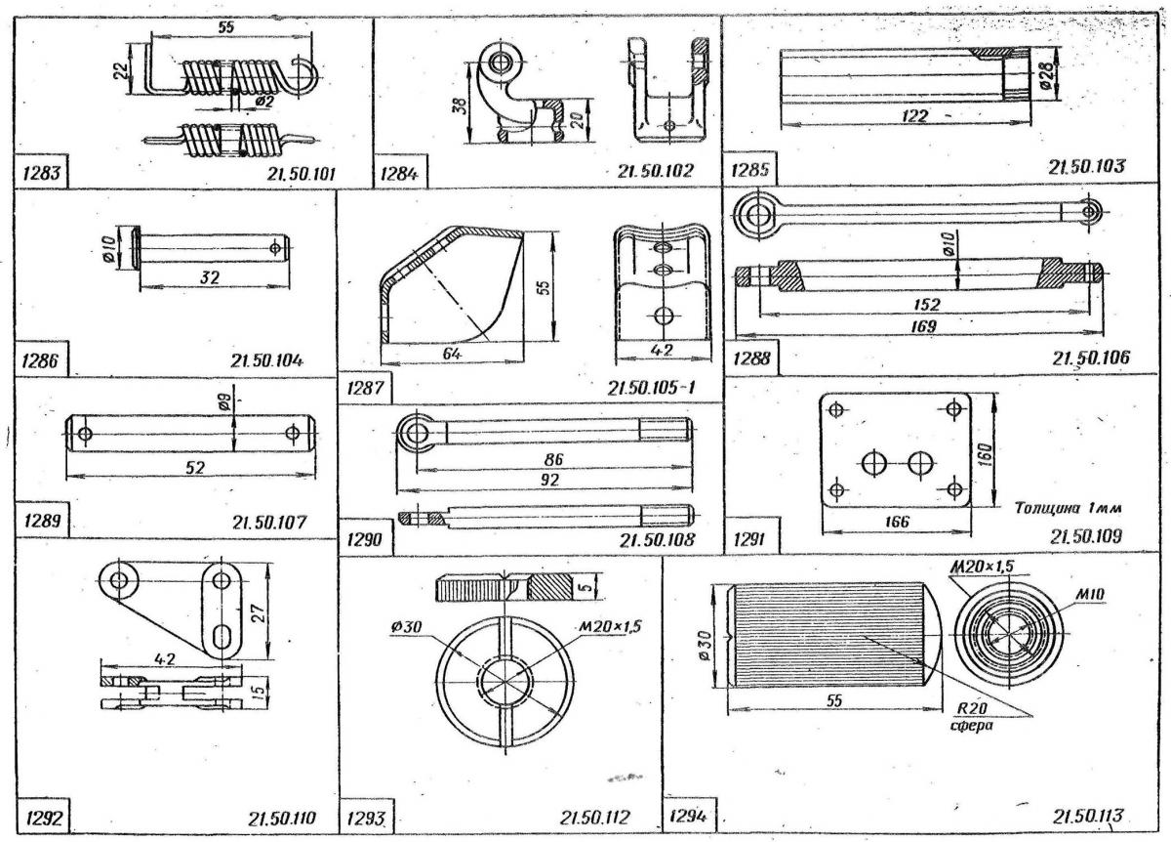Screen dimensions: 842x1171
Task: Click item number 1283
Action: [x=39, y=175]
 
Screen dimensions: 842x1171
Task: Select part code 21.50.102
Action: [x=656, y=171]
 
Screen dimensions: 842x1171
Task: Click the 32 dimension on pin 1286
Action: [x=209, y=277]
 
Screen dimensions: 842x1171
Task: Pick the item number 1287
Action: [x=363, y=388]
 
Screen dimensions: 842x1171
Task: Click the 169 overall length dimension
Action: [x=924, y=325]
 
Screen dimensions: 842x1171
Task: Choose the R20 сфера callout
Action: [x=968, y=718]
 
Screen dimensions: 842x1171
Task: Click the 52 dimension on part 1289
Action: [x=195, y=468]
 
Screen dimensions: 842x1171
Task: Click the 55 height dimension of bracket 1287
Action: [x=546, y=285]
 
